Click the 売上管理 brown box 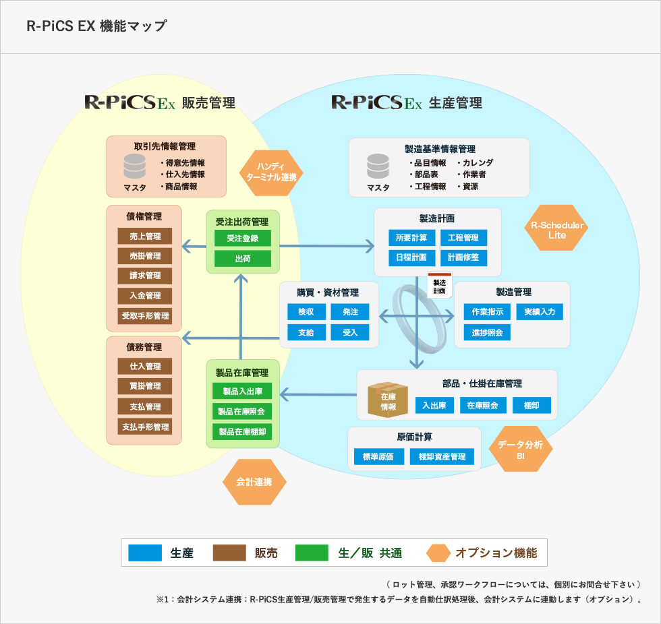[x=145, y=236]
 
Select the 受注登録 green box [x=243, y=239]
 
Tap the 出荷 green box [x=243, y=259]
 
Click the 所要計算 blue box [x=411, y=238]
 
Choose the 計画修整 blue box [x=463, y=257]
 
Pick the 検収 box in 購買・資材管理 [x=306, y=312]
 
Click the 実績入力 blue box [x=540, y=312]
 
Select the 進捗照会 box [x=487, y=332]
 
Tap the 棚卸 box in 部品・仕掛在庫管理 [x=532, y=405]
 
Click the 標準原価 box [x=378, y=457]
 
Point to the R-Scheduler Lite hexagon [x=557, y=228]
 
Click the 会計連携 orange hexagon [x=254, y=482]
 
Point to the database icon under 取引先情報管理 [x=135, y=166]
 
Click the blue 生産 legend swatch [x=145, y=553]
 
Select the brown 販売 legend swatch [x=229, y=553]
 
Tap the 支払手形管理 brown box [x=145, y=427]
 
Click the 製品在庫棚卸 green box [x=242, y=431]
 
